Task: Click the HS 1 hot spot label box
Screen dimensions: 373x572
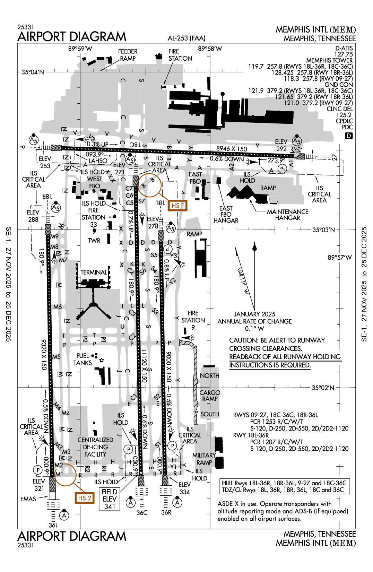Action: pyautogui.click(x=177, y=206)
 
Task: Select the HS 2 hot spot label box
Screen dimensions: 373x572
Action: pyautogui.click(x=85, y=498)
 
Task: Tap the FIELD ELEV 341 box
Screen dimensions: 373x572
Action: pyautogui.click(x=110, y=499)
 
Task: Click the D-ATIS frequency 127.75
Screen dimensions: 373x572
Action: pyautogui.click(x=343, y=54)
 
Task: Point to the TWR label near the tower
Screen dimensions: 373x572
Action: pyautogui.click(x=94, y=241)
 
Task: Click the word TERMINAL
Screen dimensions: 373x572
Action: pyautogui.click(x=94, y=272)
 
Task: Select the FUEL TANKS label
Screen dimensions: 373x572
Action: pyautogui.click(x=83, y=359)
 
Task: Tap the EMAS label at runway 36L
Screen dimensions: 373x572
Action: pyautogui.click(x=28, y=499)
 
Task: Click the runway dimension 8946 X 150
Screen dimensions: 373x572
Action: pyautogui.click(x=232, y=149)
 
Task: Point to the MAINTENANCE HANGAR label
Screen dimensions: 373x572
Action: pyautogui.click(x=287, y=215)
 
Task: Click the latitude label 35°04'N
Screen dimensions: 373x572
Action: pyautogui.click(x=33, y=72)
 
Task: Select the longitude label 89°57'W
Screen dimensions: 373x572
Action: pyautogui.click(x=339, y=258)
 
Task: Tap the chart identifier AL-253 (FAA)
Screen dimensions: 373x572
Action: pyautogui.click(x=186, y=38)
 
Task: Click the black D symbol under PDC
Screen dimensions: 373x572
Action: pyautogui.click(x=349, y=136)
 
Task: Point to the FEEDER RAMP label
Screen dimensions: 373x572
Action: pyautogui.click(x=128, y=55)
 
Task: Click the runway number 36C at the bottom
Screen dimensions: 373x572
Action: pyautogui.click(x=141, y=513)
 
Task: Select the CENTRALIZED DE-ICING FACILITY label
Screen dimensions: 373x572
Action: pyautogui.click(x=95, y=447)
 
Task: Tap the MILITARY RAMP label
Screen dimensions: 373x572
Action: pyautogui.click(x=204, y=459)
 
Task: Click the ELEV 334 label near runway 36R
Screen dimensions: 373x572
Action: pyautogui.click(x=184, y=488)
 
